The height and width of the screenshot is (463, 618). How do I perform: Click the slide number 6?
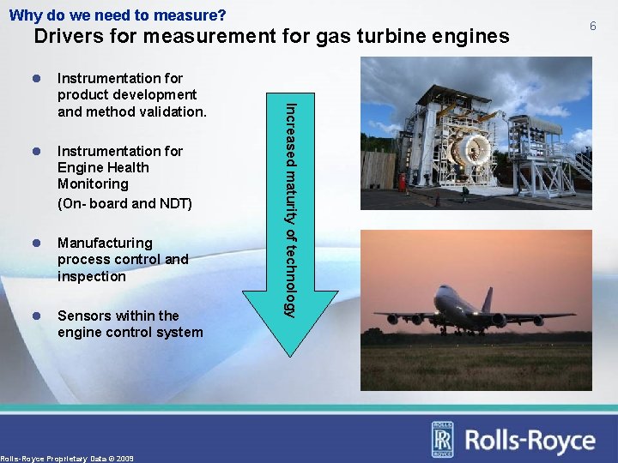[592, 27]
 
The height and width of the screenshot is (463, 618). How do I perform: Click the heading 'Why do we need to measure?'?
[118, 15]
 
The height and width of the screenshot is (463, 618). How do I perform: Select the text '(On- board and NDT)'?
[124, 204]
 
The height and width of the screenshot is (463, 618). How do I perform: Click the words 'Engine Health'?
[103, 167]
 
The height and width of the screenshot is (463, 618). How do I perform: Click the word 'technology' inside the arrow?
[291, 273]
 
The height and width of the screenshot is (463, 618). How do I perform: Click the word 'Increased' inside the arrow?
[291, 129]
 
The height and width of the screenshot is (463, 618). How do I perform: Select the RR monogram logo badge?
[442, 440]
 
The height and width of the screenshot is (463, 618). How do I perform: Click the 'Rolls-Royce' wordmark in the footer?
[530, 441]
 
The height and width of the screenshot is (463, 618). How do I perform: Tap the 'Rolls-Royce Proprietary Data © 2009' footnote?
[67, 459]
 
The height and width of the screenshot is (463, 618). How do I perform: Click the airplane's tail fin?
[487, 300]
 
